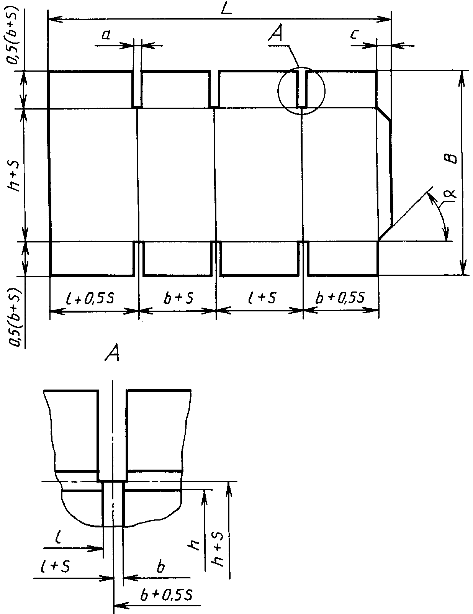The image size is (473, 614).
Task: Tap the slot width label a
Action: coord(106,35)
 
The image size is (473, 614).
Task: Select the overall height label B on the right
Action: coord(452,159)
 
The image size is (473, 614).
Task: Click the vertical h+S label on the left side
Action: coord(13,176)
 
